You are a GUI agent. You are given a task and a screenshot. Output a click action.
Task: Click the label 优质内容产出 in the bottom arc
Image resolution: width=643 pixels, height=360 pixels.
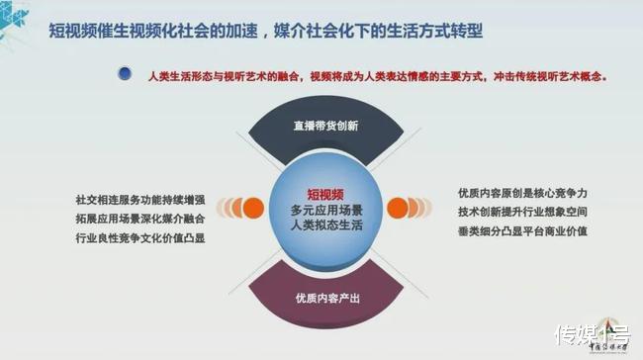click(321, 298)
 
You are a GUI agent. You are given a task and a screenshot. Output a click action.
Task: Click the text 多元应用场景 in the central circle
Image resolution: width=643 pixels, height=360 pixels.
click(323, 210)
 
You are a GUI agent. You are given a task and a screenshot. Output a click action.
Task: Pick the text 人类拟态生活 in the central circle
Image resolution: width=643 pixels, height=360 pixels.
click(323, 226)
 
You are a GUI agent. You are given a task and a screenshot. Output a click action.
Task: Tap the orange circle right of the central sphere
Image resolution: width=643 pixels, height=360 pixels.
click(399, 208)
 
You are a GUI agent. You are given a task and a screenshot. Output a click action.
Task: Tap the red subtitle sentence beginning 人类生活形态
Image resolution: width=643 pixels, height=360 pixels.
click(375, 75)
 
